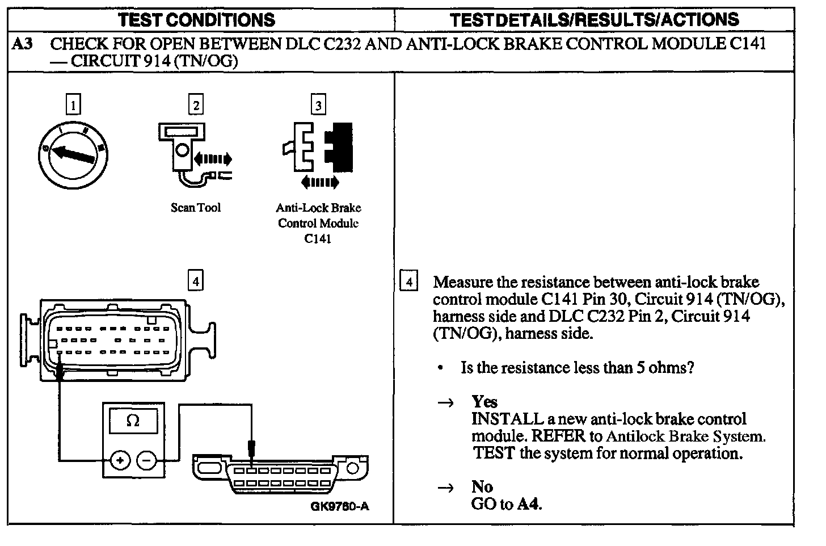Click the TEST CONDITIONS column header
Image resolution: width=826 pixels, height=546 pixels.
point(197,20)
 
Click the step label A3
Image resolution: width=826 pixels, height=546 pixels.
point(23,44)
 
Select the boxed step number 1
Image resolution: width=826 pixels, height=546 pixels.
point(73,105)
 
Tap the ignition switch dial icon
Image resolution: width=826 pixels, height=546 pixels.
point(74,154)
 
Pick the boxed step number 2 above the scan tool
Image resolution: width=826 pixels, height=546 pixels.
point(196,105)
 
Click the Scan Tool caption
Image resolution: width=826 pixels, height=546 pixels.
point(195,208)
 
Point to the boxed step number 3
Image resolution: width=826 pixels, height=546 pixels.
point(318,105)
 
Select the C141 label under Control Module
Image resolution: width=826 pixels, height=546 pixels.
point(318,239)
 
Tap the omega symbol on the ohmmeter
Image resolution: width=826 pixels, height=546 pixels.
point(133,421)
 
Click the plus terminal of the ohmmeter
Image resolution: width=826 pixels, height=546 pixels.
point(119,460)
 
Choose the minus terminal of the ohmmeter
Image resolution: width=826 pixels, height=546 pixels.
point(147,460)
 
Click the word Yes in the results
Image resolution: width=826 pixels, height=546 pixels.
point(484,402)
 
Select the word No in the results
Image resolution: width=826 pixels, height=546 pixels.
point(482,487)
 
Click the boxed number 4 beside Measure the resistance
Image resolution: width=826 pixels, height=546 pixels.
point(408,282)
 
